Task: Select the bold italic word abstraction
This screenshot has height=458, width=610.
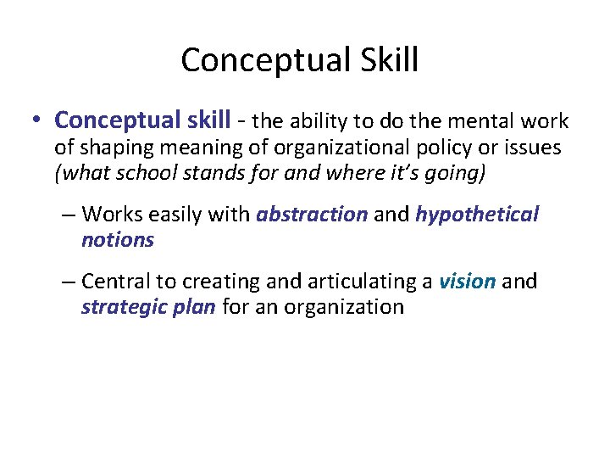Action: tap(312, 215)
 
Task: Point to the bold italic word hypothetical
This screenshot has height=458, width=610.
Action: tap(477, 215)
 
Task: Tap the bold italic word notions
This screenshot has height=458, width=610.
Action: tap(118, 240)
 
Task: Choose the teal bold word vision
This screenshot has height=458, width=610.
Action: tap(467, 282)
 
